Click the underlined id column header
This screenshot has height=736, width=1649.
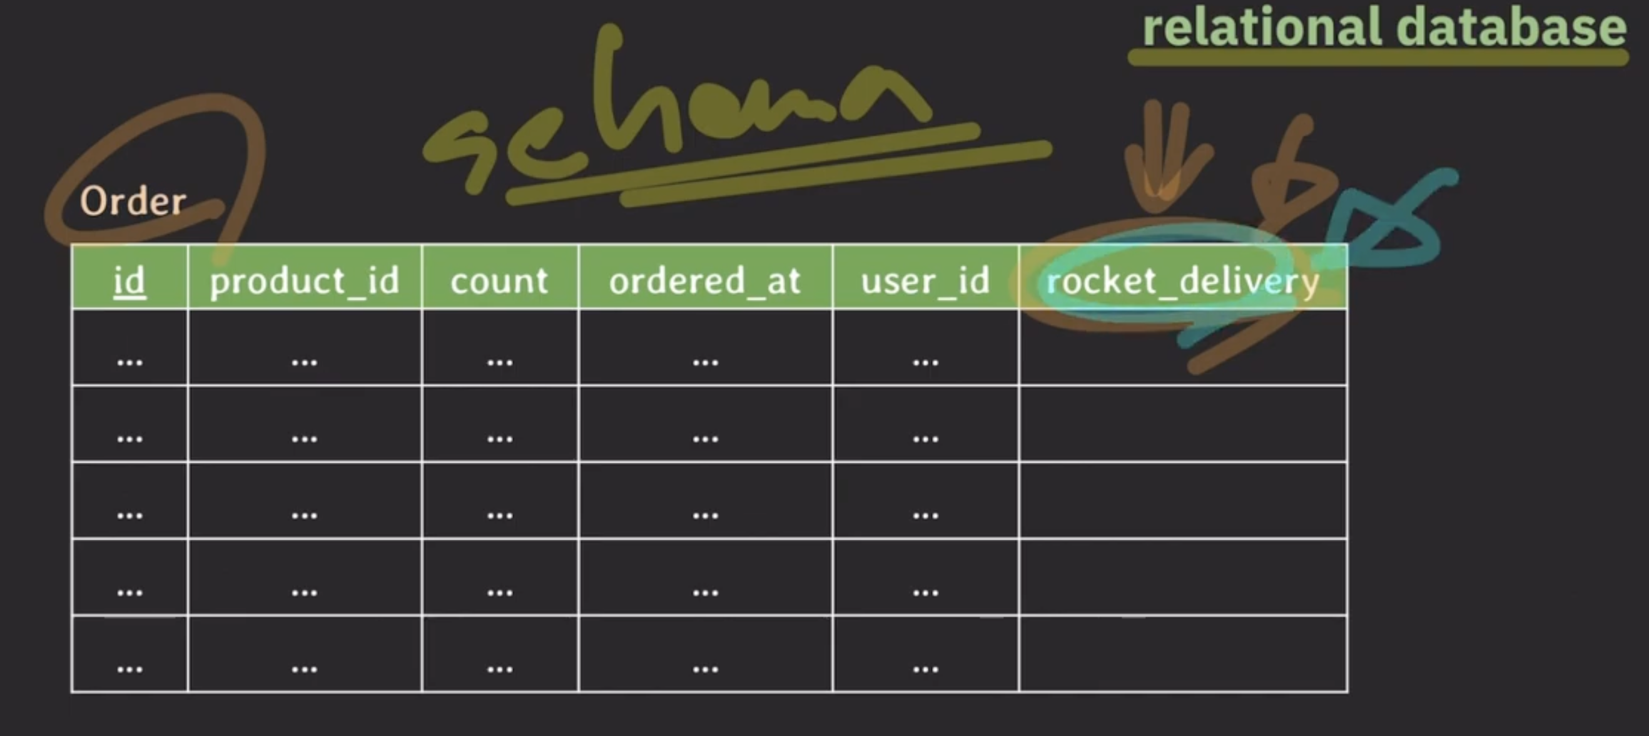pos(129,280)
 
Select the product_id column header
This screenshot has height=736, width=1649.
pos(305,280)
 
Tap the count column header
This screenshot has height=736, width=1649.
pos(499,280)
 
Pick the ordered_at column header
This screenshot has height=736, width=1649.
pos(705,280)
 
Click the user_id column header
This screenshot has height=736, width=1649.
pos(925,280)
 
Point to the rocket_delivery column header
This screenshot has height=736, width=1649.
pos(1182,280)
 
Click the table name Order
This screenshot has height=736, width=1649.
pos(133,201)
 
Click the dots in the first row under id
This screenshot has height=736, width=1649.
pos(129,362)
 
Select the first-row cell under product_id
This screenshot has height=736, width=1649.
pos(305,349)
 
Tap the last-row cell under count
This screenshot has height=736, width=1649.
pos(499,655)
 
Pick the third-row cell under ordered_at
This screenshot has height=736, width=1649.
pos(705,501)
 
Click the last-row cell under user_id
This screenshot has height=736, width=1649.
pos(925,655)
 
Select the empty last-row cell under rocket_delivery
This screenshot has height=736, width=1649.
pos(1182,655)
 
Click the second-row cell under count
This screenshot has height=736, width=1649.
pos(499,424)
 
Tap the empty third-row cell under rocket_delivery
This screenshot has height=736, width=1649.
pos(1182,501)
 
